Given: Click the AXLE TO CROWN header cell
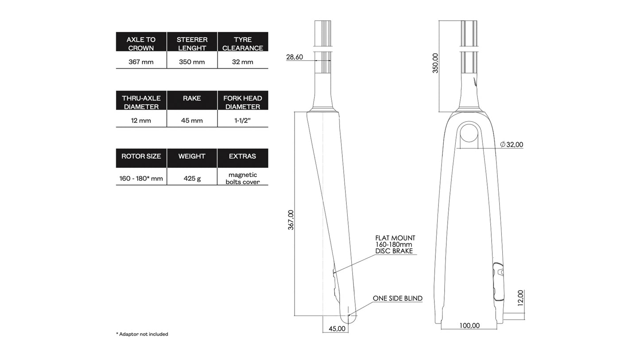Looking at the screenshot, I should pyautogui.click(x=141, y=43).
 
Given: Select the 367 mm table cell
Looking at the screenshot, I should pyautogui.click(x=141, y=62).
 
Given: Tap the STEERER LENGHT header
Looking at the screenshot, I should pyautogui.click(x=192, y=43).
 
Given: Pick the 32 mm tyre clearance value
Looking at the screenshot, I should pyautogui.click(x=242, y=62).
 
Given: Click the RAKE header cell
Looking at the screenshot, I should pyautogui.click(x=192, y=98).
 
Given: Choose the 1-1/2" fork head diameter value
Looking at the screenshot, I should pyautogui.click(x=242, y=120).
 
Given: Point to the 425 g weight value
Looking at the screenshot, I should pyautogui.click(x=192, y=178).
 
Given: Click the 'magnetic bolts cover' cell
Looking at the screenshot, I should pyautogui.click(x=242, y=178).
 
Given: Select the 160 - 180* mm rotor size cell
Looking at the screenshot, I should pyautogui.click(x=141, y=178).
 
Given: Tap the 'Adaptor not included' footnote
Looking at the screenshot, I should pyautogui.click(x=142, y=334).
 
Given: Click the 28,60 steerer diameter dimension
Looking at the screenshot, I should pyautogui.click(x=295, y=57).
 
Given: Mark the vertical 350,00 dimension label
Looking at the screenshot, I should pyautogui.click(x=435, y=63).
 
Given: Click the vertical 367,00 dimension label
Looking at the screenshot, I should pyautogui.click(x=291, y=220).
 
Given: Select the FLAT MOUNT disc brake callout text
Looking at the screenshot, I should pyautogui.click(x=395, y=244).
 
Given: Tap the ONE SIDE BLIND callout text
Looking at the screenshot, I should pyautogui.click(x=397, y=298).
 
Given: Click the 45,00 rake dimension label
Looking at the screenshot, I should pyautogui.click(x=337, y=329).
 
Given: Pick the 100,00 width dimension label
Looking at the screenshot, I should pyautogui.click(x=469, y=325).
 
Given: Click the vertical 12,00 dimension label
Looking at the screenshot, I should pyautogui.click(x=520, y=298).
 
